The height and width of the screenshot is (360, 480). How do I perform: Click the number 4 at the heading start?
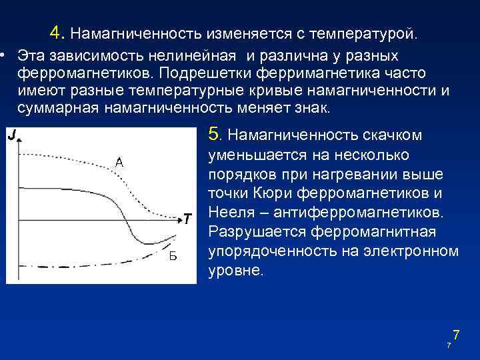point(56,33)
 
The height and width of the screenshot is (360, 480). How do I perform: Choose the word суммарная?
point(59,109)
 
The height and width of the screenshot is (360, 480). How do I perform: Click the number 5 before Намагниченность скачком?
point(214,135)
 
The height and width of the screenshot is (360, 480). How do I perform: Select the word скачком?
point(392,136)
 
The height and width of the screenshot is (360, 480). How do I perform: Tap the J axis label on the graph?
point(13,136)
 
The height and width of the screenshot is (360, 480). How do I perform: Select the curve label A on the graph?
point(119,162)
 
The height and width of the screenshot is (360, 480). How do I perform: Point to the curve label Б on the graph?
point(173,256)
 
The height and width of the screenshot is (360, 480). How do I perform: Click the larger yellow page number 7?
point(456,335)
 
